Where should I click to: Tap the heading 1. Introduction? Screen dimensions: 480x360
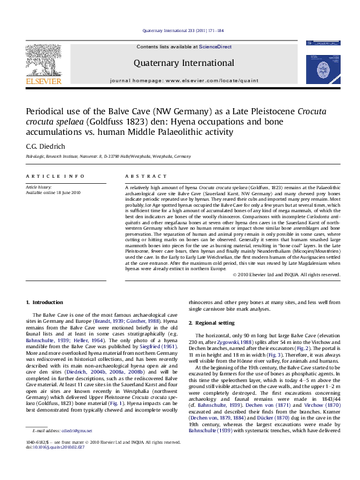point(46,302)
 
